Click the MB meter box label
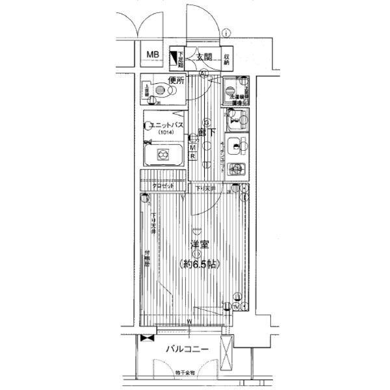(153, 55)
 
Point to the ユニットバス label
(165, 124)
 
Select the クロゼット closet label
(163, 187)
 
